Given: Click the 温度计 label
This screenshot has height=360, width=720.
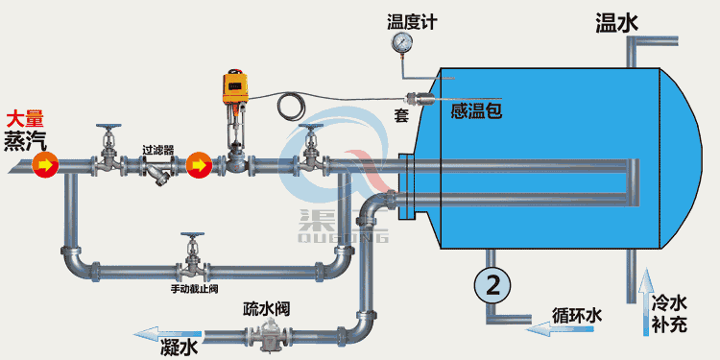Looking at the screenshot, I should click(x=412, y=21).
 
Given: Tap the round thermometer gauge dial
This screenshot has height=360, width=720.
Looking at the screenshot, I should click(x=401, y=43).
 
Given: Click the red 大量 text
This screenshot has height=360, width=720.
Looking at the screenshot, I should click(x=24, y=120).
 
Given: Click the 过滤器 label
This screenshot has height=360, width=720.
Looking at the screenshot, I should click(x=157, y=150).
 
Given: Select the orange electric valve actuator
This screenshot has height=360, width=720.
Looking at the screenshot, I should click(x=234, y=87).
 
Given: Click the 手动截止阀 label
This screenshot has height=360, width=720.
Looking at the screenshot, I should click(x=196, y=288).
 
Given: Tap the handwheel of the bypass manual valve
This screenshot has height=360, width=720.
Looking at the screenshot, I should click(x=195, y=236).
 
